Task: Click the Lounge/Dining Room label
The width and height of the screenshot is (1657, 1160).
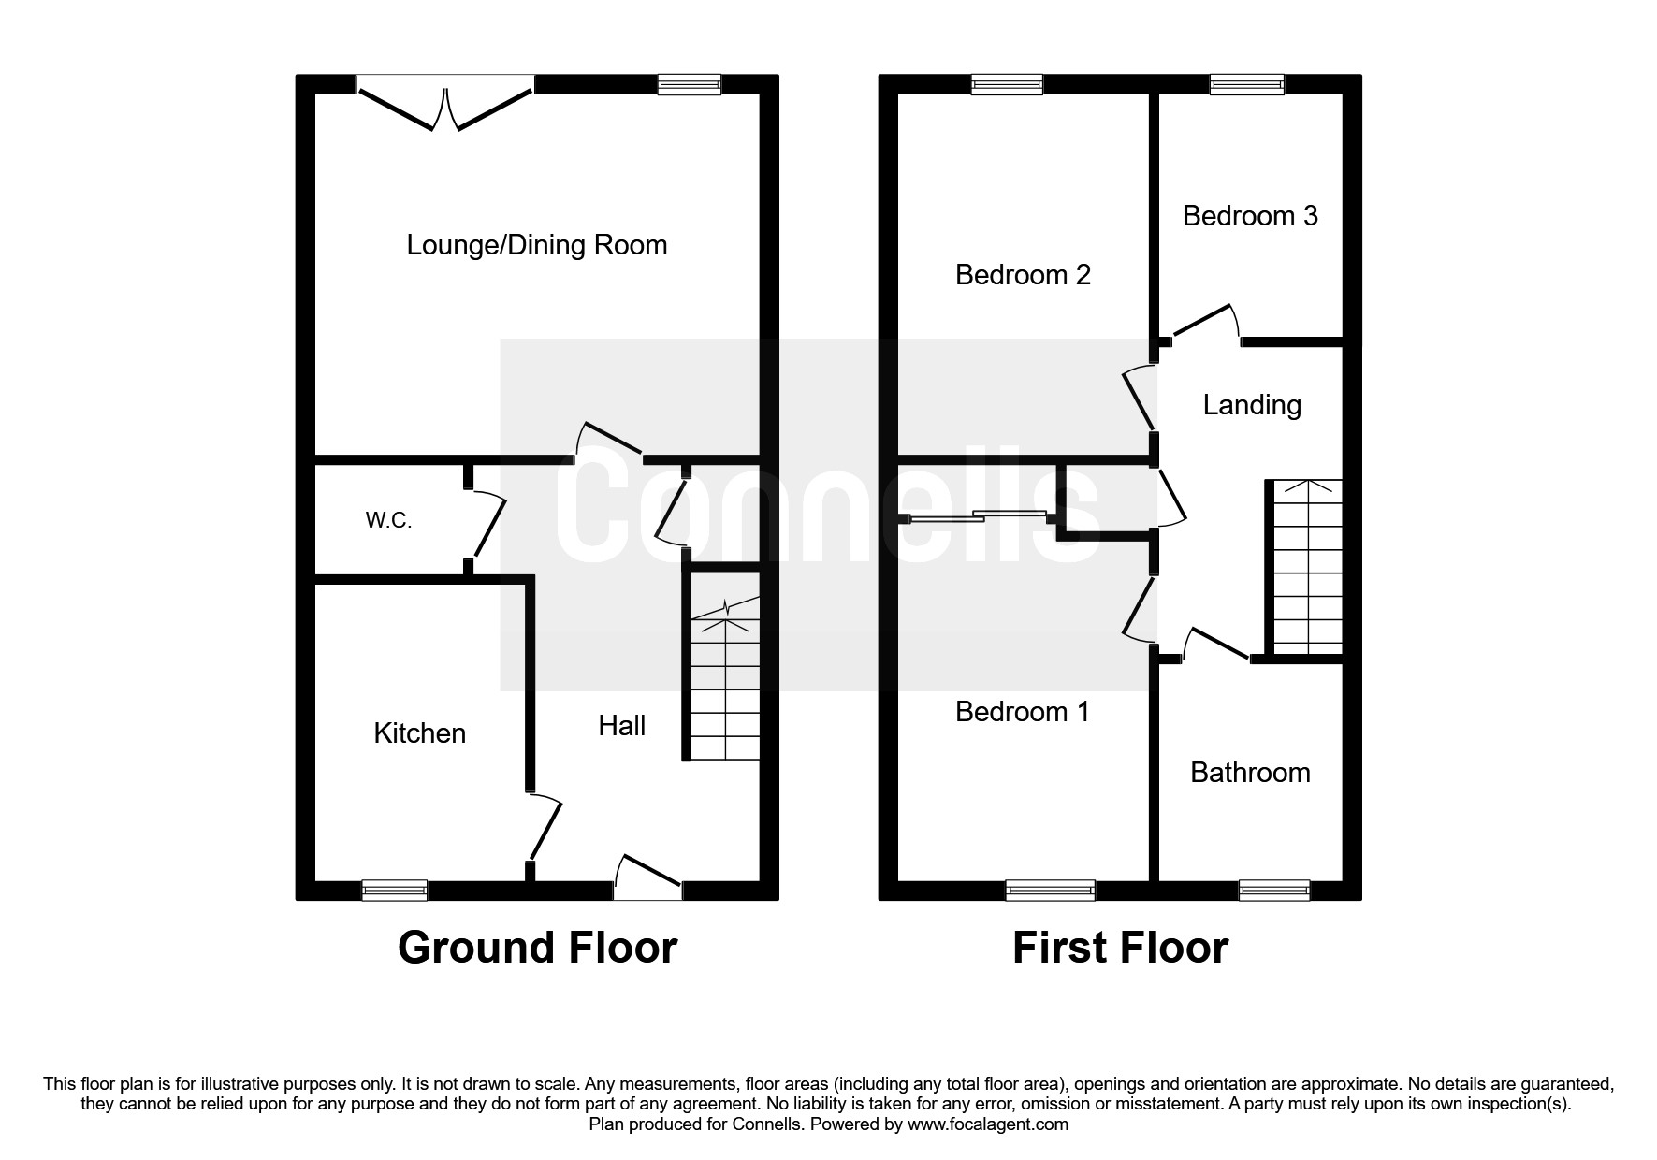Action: [537, 246]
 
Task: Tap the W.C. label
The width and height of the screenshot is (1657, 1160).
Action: [388, 521]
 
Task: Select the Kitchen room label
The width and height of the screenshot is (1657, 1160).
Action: [420, 732]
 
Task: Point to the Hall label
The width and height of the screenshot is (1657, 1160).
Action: [622, 725]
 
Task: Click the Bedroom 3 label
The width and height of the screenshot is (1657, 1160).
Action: [1250, 216]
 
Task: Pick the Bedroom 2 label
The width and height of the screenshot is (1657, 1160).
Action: [1023, 275]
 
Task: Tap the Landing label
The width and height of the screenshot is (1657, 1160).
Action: [1252, 405]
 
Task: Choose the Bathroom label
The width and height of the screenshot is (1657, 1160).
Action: [1250, 772]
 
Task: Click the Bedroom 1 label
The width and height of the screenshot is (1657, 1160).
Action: [1023, 712]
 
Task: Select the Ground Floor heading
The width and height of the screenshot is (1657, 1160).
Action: [537, 948]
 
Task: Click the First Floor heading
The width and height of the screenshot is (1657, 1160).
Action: [1120, 948]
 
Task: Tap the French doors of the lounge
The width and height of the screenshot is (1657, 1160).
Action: [445, 104]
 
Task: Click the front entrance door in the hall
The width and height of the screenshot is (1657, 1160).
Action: [647, 877]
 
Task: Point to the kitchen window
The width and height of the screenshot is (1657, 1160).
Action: [395, 890]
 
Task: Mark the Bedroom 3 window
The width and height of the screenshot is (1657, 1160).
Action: [1247, 84]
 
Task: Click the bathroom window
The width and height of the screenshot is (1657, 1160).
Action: [1274, 890]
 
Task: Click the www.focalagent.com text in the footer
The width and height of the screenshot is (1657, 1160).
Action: [987, 1124]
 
